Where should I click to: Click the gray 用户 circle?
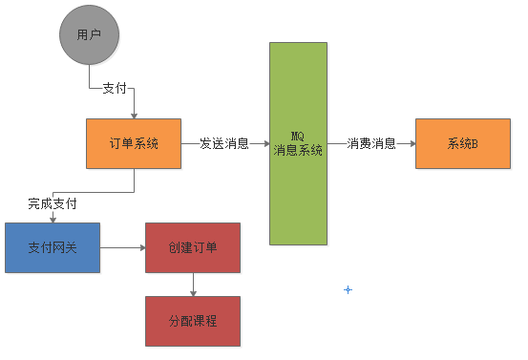coord(89,36)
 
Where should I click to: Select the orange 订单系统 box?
coord(134,144)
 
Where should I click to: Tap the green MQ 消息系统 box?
coord(298,143)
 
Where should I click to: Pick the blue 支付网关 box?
coord(53,247)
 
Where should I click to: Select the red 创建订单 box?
coord(193,247)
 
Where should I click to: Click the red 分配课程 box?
coord(193,321)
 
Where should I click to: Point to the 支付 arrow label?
coord(114,89)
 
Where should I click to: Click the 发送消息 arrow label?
coord(224,144)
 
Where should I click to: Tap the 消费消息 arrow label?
coord(370,144)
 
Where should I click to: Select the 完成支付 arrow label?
coord(53,203)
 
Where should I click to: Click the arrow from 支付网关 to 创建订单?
coord(122,247)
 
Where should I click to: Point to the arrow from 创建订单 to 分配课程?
coord(193,284)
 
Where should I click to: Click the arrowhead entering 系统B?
coord(411,144)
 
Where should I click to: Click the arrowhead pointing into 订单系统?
coord(134,115)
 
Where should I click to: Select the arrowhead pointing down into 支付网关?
coord(53,219)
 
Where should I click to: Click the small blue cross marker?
coord(348,289)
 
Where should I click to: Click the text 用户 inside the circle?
coord(89,36)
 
